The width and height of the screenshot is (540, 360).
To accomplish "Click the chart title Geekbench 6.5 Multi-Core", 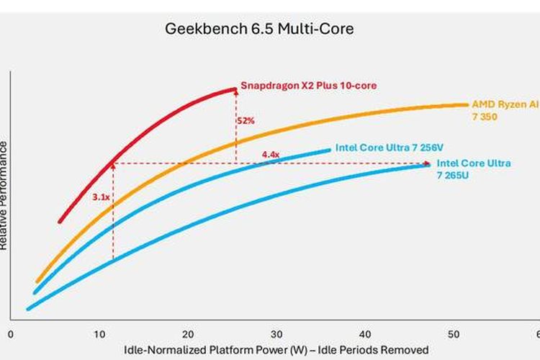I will click(260, 30).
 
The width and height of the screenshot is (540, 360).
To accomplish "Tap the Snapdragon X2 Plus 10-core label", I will click(308, 86).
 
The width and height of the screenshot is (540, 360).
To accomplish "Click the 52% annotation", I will click(246, 121).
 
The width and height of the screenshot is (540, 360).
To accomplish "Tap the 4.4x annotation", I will click(270, 155).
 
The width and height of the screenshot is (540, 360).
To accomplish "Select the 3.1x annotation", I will click(100, 196).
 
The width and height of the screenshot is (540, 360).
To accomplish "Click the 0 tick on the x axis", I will click(10, 334).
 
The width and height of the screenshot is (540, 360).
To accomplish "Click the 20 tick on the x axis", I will click(187, 334).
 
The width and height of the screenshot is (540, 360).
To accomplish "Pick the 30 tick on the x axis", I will click(276, 334).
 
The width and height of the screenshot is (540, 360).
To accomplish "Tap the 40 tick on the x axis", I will click(364, 334).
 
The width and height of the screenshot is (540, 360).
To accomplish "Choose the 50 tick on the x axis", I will click(453, 334).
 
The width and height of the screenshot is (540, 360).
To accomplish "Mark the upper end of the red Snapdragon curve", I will click(235, 89).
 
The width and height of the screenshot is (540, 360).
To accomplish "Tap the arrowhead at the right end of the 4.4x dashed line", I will click(428, 163).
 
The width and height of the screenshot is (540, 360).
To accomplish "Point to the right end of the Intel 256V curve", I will click(330, 150).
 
